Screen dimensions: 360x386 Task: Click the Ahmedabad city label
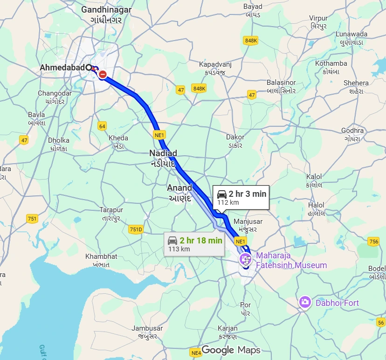coord(62,68)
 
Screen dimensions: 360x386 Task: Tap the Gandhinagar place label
coord(106,9)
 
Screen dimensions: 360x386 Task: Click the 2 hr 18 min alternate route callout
coord(196,244)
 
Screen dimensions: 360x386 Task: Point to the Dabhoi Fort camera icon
coord(305,302)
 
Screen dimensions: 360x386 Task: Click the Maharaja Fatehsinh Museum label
coord(291,261)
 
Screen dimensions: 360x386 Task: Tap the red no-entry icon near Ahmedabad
coord(103,74)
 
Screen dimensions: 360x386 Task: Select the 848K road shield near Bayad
coord(250,41)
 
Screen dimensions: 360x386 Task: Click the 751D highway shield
coord(136,229)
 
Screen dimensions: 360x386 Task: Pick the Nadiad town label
coord(163,153)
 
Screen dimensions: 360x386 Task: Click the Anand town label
coord(179,188)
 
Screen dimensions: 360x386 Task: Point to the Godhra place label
coord(352,131)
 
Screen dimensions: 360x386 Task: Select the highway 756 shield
coord(373,241)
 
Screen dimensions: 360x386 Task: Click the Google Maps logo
coord(230,350)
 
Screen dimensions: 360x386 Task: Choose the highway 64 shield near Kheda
coord(102,126)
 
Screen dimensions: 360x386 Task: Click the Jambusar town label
coord(146,328)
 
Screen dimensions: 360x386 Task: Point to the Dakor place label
coord(234,138)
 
